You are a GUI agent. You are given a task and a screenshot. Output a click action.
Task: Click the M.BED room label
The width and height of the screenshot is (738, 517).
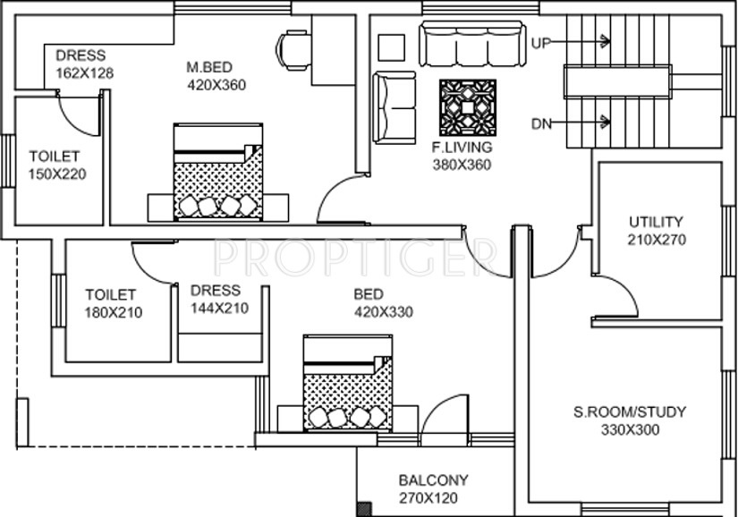pyautogui.click(x=209, y=67)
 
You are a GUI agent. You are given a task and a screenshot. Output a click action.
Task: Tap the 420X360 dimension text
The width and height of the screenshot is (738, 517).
pyautogui.click(x=216, y=85)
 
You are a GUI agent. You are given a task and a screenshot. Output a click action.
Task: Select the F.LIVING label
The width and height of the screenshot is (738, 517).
pyautogui.click(x=462, y=148)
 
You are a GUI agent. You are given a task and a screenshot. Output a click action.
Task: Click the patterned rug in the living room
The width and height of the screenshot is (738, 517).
pyautogui.click(x=467, y=108)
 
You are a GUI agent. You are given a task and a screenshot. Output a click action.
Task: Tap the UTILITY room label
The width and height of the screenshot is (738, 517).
pyautogui.click(x=656, y=221)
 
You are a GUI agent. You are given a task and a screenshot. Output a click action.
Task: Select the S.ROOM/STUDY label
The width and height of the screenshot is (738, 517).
pyautogui.click(x=630, y=412)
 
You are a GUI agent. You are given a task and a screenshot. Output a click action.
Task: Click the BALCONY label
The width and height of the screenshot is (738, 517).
pyautogui.click(x=433, y=480)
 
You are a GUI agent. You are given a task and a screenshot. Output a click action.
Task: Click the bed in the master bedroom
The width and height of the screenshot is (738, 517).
pyautogui.click(x=217, y=172)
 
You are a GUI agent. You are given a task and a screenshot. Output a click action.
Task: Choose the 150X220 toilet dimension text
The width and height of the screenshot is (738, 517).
pyautogui.click(x=57, y=174)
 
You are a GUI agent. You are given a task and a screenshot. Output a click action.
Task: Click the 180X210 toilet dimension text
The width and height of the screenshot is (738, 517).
pyautogui.click(x=113, y=312)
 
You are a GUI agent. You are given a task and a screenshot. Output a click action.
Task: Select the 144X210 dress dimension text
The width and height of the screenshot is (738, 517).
pyautogui.click(x=219, y=309)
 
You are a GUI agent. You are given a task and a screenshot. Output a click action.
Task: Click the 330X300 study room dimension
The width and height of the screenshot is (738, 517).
pyautogui.click(x=630, y=430)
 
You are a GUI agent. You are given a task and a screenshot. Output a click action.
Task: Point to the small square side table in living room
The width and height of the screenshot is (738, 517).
pyautogui.click(x=391, y=46)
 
